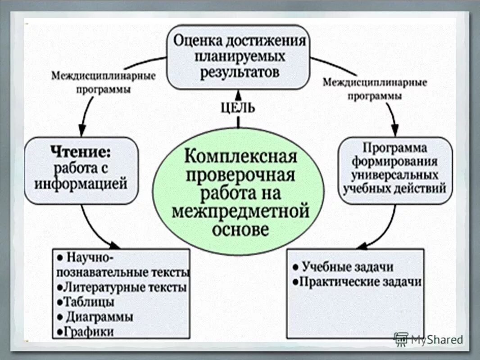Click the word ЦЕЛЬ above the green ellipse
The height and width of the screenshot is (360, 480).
tap(238, 108)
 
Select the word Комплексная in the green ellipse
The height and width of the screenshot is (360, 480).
tap(241, 157)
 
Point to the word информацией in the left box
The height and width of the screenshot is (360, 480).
tap(82, 184)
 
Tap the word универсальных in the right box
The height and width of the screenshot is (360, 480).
tap(395, 174)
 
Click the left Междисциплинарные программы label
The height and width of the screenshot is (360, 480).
tap(103, 82)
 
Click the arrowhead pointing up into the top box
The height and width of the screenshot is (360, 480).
tap(238, 94)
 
